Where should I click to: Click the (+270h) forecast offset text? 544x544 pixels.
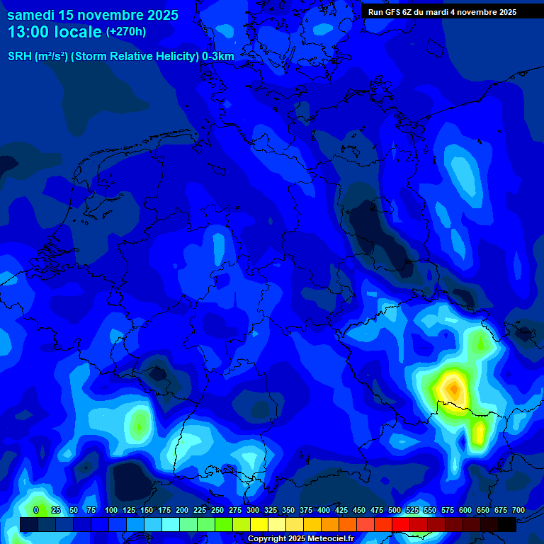click(126, 32)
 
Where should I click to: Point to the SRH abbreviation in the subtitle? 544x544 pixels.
click(19, 57)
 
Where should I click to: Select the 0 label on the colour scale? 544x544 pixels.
click(36, 510)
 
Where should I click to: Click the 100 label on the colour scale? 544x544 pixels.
click(111, 510)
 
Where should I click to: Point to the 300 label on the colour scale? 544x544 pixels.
click(253, 510)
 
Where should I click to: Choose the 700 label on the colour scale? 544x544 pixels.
click(518, 510)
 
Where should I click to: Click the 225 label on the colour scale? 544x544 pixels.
click(200, 510)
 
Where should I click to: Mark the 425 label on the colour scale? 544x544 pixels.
click(341, 510)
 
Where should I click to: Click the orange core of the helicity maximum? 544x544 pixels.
click(452, 388)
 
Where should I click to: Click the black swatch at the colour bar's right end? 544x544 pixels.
click(507, 524)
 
